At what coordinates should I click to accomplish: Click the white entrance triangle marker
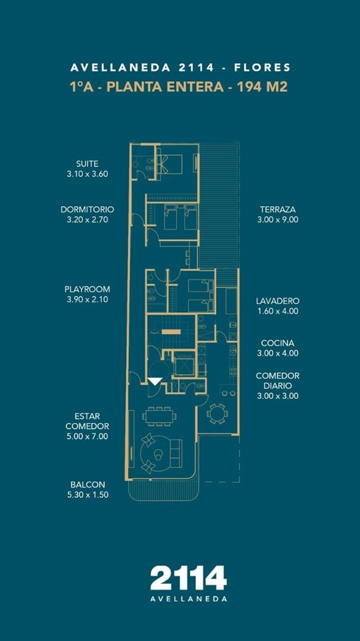tap(155, 381)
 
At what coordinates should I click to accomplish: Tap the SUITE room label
tap(87, 164)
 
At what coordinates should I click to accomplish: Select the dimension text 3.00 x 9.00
tap(278, 220)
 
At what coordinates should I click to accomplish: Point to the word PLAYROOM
tap(87, 289)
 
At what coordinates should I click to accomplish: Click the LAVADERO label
tap(278, 301)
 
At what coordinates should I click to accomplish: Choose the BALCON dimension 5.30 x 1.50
tap(87, 494)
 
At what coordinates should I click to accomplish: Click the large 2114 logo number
tap(189, 578)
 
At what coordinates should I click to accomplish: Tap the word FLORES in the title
tap(262, 68)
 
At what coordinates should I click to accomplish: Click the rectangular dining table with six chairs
tap(160, 416)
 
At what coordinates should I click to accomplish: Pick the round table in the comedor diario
tap(218, 414)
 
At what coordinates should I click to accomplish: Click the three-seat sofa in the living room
tap(176, 453)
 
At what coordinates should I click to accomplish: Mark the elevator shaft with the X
tap(183, 363)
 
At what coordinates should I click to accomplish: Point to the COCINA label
tap(278, 343)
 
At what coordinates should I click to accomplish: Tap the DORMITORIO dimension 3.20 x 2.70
tap(87, 220)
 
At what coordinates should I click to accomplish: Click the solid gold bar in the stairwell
tap(171, 332)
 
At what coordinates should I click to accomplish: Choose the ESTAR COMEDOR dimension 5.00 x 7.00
tap(87, 436)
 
